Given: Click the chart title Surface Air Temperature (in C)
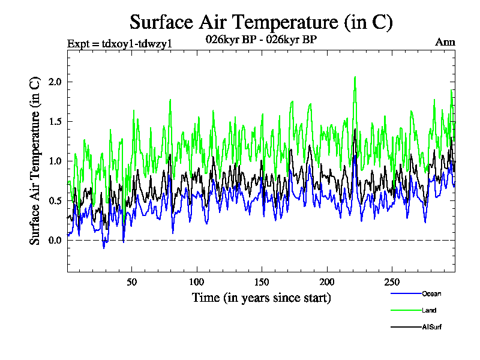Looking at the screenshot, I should [x=261, y=22].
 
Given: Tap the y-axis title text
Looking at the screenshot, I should [x=35, y=160].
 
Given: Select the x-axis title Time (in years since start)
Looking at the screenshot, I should [x=261, y=298].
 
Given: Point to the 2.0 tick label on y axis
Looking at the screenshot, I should [x=55, y=82].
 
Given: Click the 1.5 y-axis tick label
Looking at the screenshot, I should [x=55, y=121].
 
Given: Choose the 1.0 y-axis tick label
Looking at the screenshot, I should [x=55, y=161].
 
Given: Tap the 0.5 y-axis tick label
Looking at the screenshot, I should [x=55, y=200].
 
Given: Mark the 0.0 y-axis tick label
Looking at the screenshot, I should [x=55, y=240].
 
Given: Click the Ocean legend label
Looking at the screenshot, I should [x=431, y=293].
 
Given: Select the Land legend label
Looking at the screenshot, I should [x=428, y=310].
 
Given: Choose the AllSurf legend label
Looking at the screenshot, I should [x=431, y=327].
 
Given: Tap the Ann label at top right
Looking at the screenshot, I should [x=445, y=42].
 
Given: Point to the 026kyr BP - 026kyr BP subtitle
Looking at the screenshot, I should [x=261, y=40].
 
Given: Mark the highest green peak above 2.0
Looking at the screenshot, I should [x=355, y=77].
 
